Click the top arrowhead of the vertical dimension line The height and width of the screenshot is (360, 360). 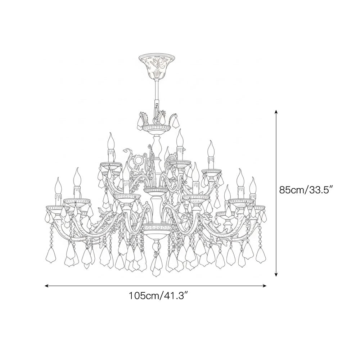276,112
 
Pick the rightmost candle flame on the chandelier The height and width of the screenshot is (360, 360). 253,184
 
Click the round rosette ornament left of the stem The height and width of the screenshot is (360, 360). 139,160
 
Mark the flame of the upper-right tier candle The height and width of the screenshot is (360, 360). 211,148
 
